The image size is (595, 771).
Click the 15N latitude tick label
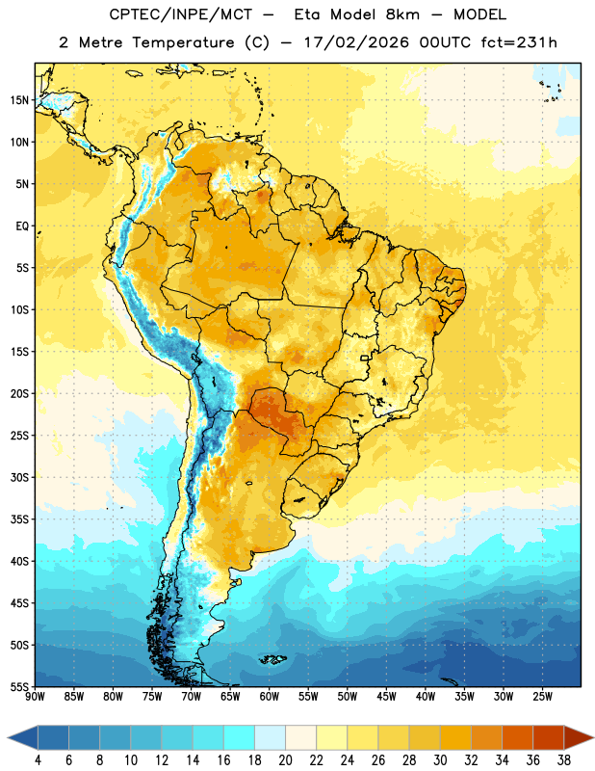coord(19,100)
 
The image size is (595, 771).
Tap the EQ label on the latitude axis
coord(22,226)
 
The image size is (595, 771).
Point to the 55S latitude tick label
coord(19,686)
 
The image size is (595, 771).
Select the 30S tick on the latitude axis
coord(19,477)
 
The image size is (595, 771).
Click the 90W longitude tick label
coord(35,697)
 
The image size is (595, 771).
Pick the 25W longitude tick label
coord(542,697)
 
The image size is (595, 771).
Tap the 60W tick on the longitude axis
coord(270,697)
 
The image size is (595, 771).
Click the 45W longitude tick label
coord(386,697)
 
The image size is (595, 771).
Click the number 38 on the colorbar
coord(563,760)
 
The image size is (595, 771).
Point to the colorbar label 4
coord(38,760)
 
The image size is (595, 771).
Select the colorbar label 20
coord(285,760)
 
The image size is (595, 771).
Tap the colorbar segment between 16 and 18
coord(240,737)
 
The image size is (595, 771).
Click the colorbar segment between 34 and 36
coord(517,737)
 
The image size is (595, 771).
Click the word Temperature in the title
coord(183,42)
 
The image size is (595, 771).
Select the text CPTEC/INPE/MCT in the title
coord(180,14)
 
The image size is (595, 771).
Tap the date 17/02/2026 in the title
coord(356,42)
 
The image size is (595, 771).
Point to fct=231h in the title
coord(519,42)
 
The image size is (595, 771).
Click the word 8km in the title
coord(402,14)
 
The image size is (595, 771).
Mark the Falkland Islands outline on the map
coord(273,659)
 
